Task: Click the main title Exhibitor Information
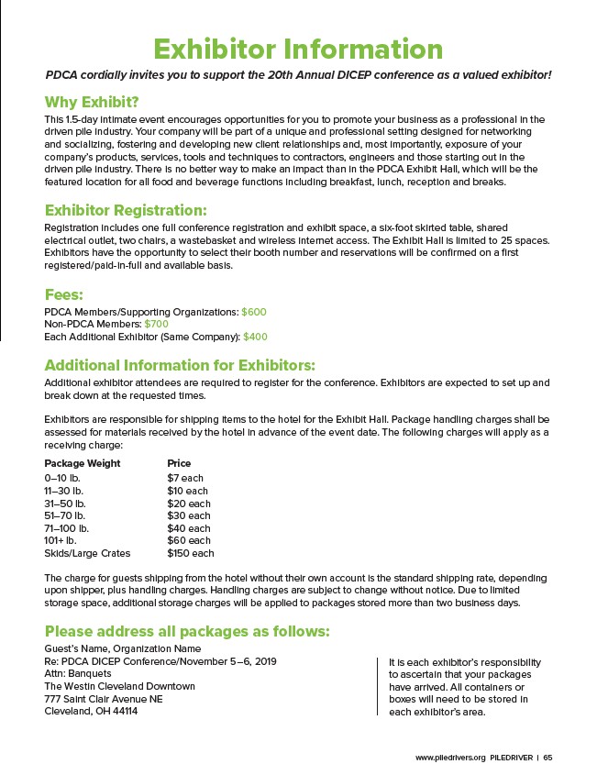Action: click(x=298, y=48)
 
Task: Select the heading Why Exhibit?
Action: click(x=92, y=101)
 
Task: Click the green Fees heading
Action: click(x=64, y=294)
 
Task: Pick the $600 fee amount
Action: click(x=254, y=312)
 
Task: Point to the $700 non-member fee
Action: click(x=157, y=324)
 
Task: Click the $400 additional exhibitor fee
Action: click(x=255, y=337)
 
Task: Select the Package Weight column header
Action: click(x=83, y=463)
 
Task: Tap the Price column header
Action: click(x=179, y=463)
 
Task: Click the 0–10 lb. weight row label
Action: click(x=63, y=478)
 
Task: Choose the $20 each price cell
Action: click(x=188, y=504)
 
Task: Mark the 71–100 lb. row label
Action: click(x=67, y=528)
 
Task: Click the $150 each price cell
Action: click(x=190, y=553)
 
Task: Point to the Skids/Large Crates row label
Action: click(x=87, y=553)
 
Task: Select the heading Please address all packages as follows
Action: click(x=187, y=631)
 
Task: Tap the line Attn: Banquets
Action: click(x=78, y=673)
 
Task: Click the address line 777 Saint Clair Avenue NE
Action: click(x=104, y=699)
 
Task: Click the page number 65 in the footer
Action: click(x=547, y=758)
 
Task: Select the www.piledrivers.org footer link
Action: click(x=449, y=758)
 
